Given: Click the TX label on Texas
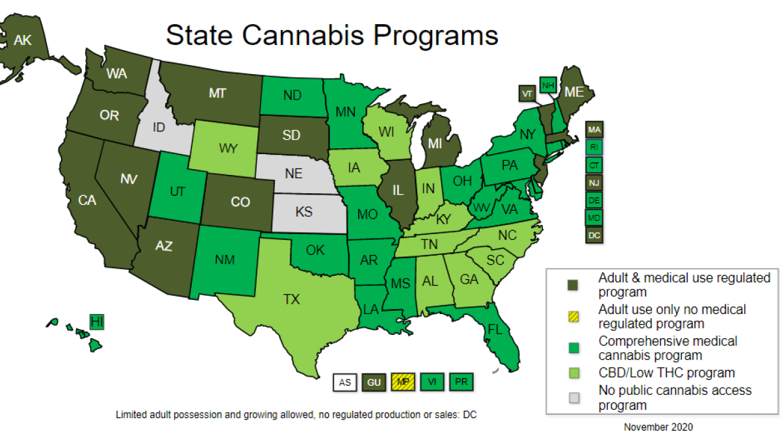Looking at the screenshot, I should (291, 300).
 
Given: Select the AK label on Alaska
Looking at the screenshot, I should (23, 40).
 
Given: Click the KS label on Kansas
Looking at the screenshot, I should (304, 212).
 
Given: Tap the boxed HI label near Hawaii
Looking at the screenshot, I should (97, 321).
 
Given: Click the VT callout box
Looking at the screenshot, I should (527, 94).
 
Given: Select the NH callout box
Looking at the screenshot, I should (547, 85).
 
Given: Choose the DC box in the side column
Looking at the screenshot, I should (594, 235).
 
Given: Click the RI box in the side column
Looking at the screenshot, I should (594, 147).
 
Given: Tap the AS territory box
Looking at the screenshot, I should (345, 382).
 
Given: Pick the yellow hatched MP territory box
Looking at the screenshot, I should (402, 382).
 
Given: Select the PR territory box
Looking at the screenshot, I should (460, 382).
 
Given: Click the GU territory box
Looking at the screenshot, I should (374, 382).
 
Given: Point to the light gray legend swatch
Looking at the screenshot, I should (573, 397).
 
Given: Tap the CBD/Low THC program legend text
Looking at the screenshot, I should (666, 373).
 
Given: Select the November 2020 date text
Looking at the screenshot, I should (658, 427).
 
